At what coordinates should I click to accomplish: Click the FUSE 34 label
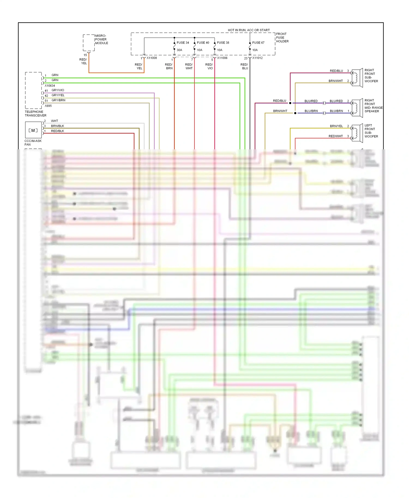[x=183, y=43]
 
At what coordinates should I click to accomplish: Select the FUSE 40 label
[x=203, y=43]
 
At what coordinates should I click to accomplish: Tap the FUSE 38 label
[x=223, y=43]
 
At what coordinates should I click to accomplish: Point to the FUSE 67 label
[x=258, y=43]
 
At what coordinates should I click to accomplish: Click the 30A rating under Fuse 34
[x=179, y=50]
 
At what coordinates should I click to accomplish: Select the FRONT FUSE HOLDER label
[x=282, y=38]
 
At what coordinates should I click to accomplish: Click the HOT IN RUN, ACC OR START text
[x=249, y=30]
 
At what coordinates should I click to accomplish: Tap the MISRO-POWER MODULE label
[x=101, y=40]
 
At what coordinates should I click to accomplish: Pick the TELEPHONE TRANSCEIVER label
[x=35, y=114]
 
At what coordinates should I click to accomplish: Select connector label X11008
[x=152, y=58]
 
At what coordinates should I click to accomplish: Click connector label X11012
[x=257, y=58]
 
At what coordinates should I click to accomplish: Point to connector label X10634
[x=50, y=86]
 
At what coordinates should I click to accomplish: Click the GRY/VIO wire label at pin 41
[x=58, y=90]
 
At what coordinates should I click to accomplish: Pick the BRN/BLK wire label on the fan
[x=58, y=126]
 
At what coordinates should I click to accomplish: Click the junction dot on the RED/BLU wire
[x=290, y=103]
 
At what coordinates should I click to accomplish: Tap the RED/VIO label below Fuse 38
[x=209, y=66]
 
